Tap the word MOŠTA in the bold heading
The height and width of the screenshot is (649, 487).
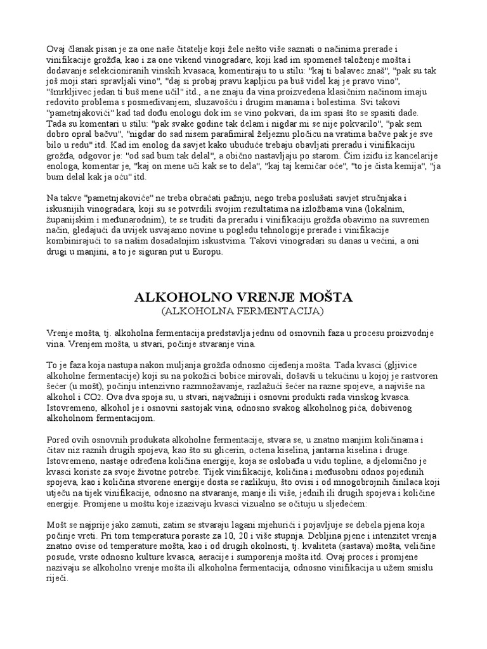click(x=323, y=297)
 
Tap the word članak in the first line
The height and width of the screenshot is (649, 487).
click(x=82, y=50)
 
